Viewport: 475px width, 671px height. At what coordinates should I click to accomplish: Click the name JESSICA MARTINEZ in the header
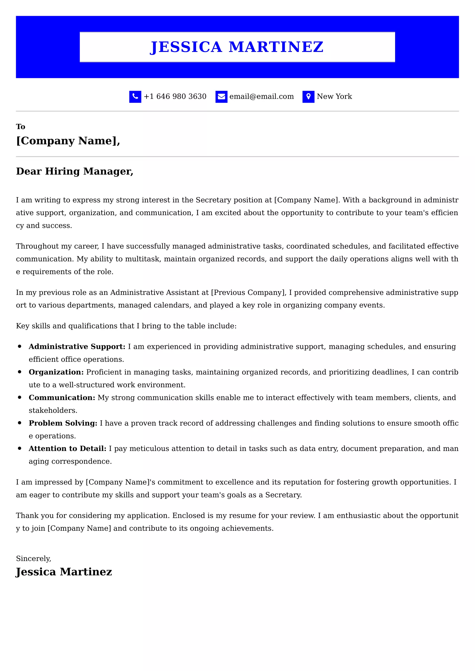tap(237, 47)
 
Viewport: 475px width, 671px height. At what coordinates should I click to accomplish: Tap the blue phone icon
tap(135, 97)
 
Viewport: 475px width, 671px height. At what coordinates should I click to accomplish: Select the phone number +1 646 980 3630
tap(175, 96)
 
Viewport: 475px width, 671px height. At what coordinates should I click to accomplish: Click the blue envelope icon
tap(221, 97)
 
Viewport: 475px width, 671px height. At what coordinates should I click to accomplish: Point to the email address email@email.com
tap(261, 96)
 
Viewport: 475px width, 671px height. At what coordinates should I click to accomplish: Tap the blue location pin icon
tap(308, 97)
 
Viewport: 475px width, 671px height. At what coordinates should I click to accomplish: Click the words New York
tap(334, 96)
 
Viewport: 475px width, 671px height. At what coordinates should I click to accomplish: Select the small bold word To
tap(20, 127)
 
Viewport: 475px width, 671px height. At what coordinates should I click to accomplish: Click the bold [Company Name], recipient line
tap(68, 141)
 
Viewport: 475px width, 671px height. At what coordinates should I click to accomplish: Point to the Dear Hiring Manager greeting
tap(75, 171)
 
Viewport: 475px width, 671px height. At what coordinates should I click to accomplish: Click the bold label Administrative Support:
tap(77, 347)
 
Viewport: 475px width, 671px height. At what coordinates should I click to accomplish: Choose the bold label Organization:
tap(56, 372)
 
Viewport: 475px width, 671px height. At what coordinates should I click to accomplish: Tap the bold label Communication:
tap(62, 397)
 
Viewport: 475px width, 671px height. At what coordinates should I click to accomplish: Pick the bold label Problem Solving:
tap(63, 423)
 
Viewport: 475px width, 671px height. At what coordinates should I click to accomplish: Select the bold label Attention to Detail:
tap(67, 449)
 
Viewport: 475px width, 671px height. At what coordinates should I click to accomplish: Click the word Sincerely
tap(33, 559)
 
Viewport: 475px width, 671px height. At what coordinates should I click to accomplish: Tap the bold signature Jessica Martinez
tap(64, 572)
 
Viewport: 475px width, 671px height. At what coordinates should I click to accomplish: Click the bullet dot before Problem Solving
tap(20, 423)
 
